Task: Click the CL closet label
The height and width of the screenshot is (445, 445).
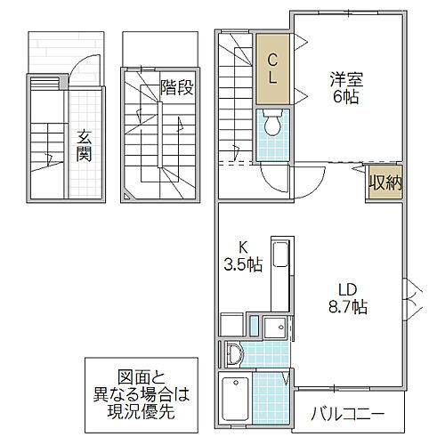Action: [274, 69]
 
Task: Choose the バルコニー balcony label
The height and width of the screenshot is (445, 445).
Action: [347, 414]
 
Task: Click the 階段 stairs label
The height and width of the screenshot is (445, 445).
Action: [176, 87]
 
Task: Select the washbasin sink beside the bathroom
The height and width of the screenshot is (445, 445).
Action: [233, 353]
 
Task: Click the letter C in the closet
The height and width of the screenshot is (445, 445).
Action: [274, 61]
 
